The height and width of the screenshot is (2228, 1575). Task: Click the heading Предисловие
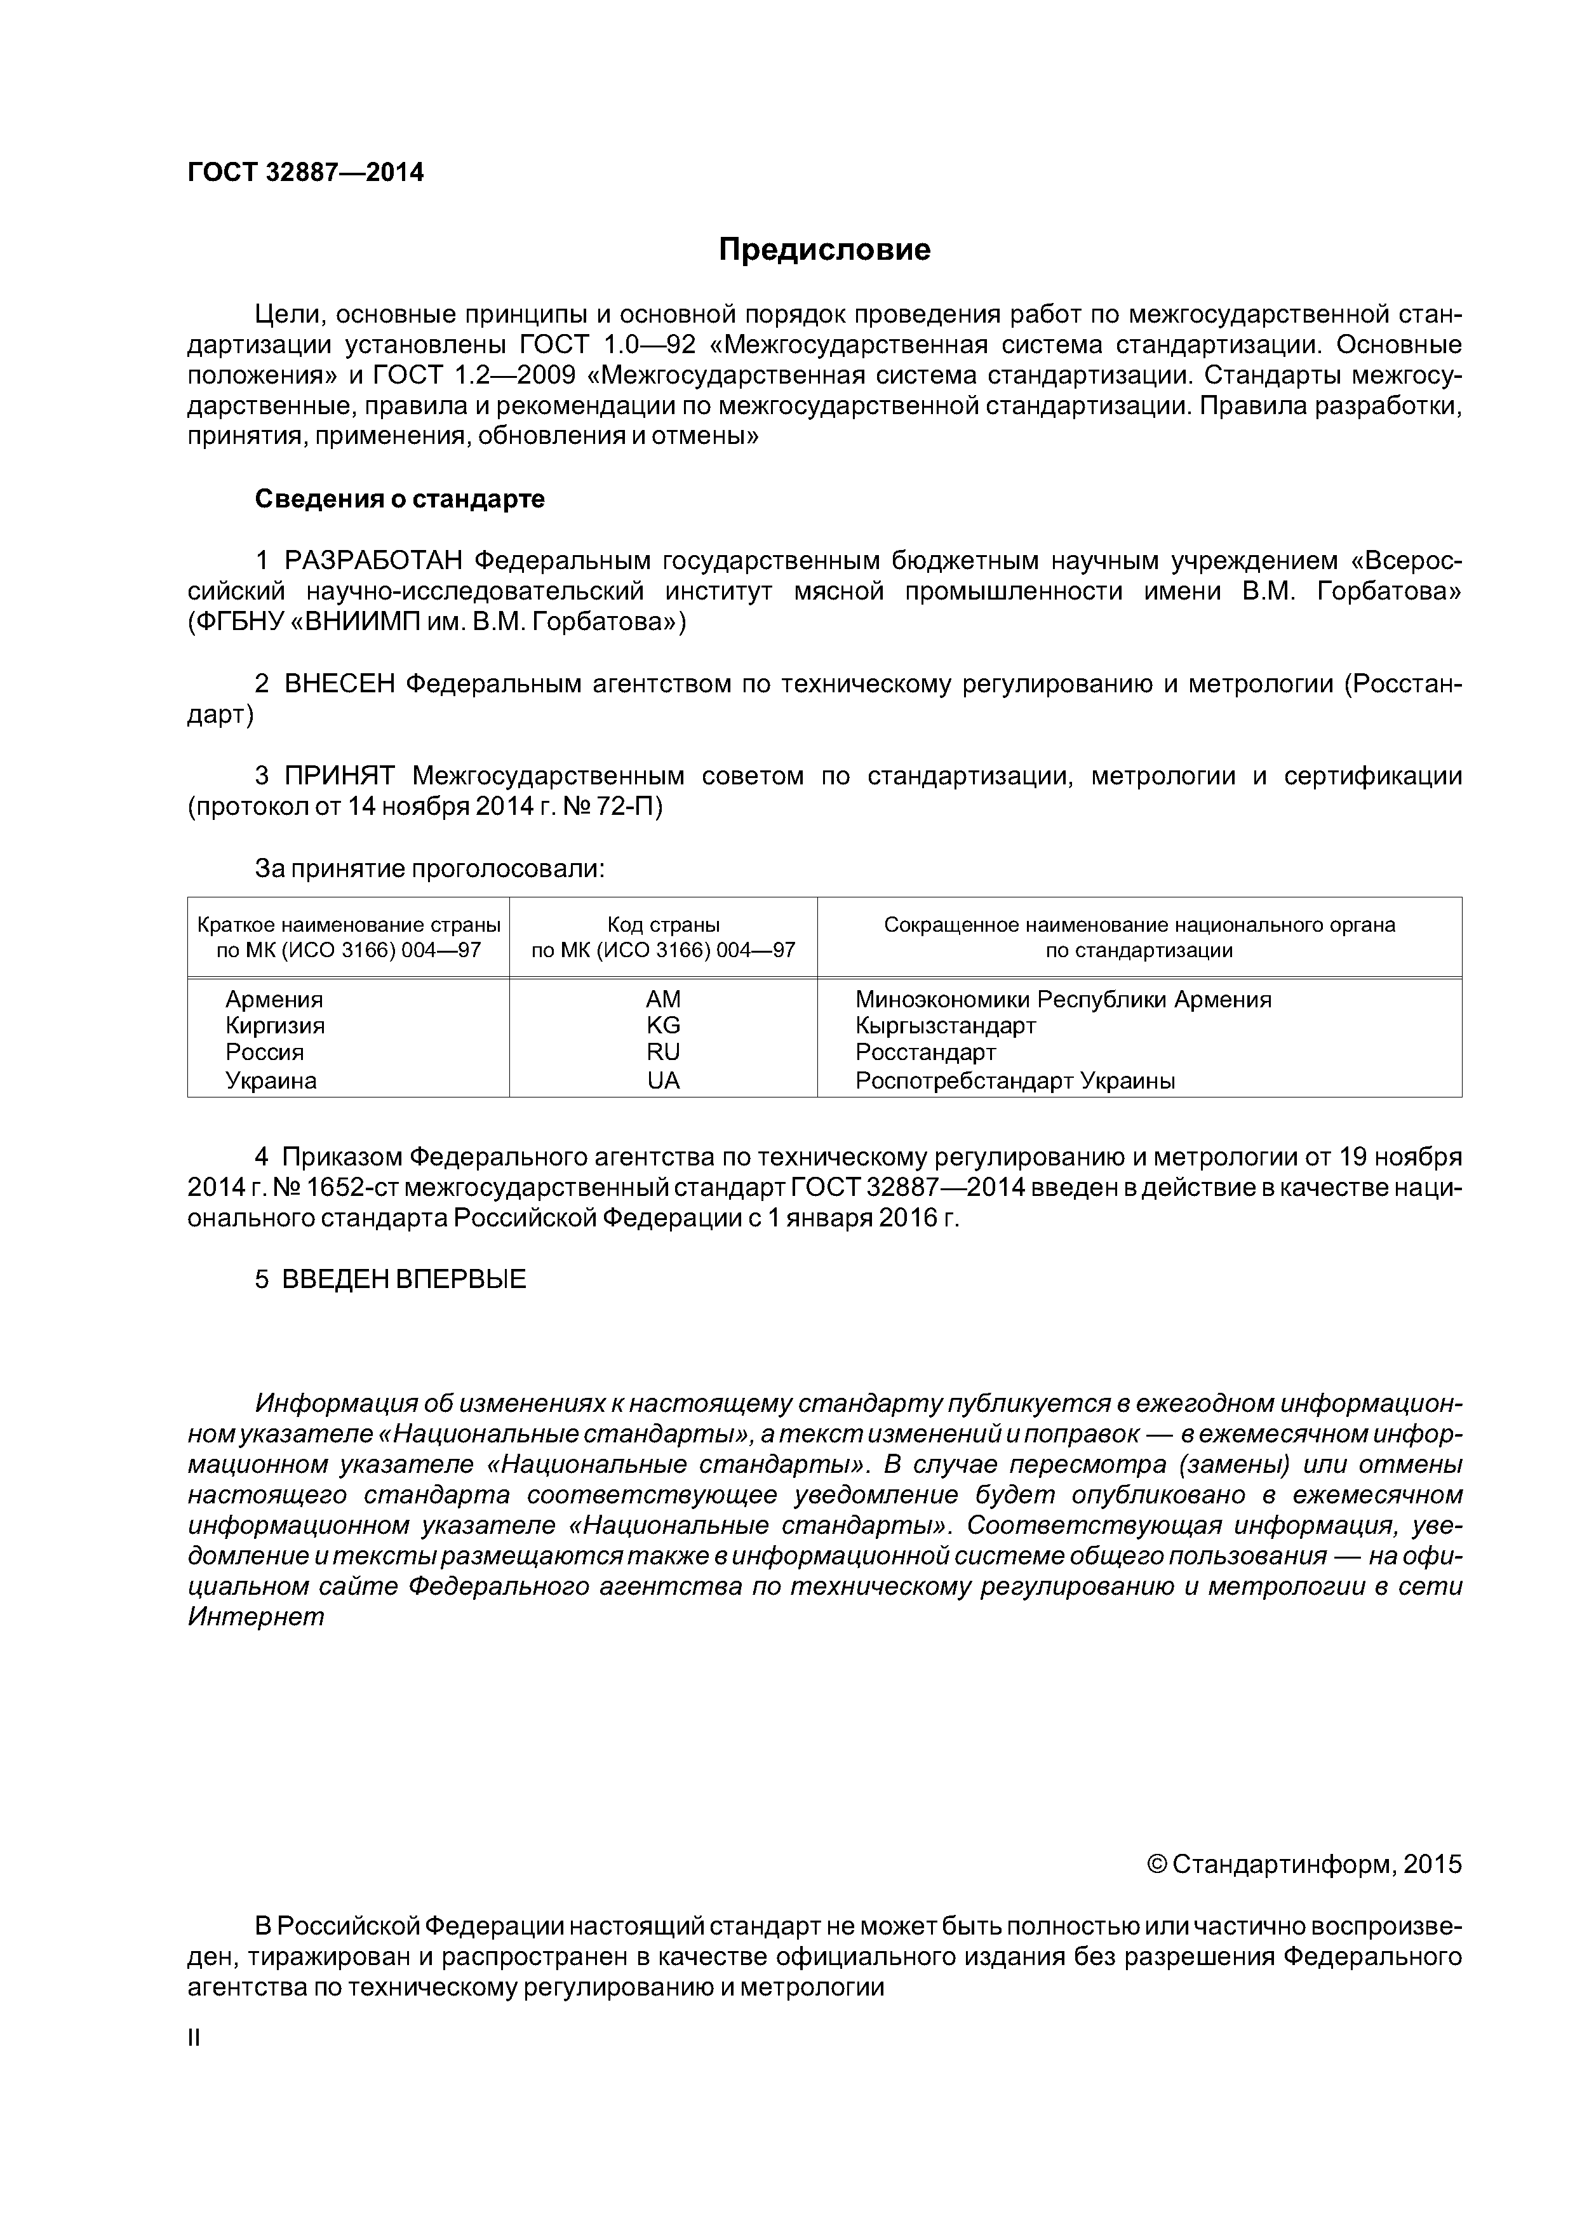824,250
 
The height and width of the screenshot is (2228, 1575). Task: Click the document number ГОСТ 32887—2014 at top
305,173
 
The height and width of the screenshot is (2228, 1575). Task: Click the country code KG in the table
664,1026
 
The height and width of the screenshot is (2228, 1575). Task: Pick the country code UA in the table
664,1081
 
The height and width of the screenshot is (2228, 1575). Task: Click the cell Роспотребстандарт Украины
1015,1081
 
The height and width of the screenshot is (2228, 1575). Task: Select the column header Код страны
664,925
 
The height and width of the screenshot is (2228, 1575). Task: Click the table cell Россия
265,1053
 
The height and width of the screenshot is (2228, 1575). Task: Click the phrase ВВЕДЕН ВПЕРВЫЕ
404,1279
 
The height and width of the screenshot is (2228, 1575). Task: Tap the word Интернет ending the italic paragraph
256,1618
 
